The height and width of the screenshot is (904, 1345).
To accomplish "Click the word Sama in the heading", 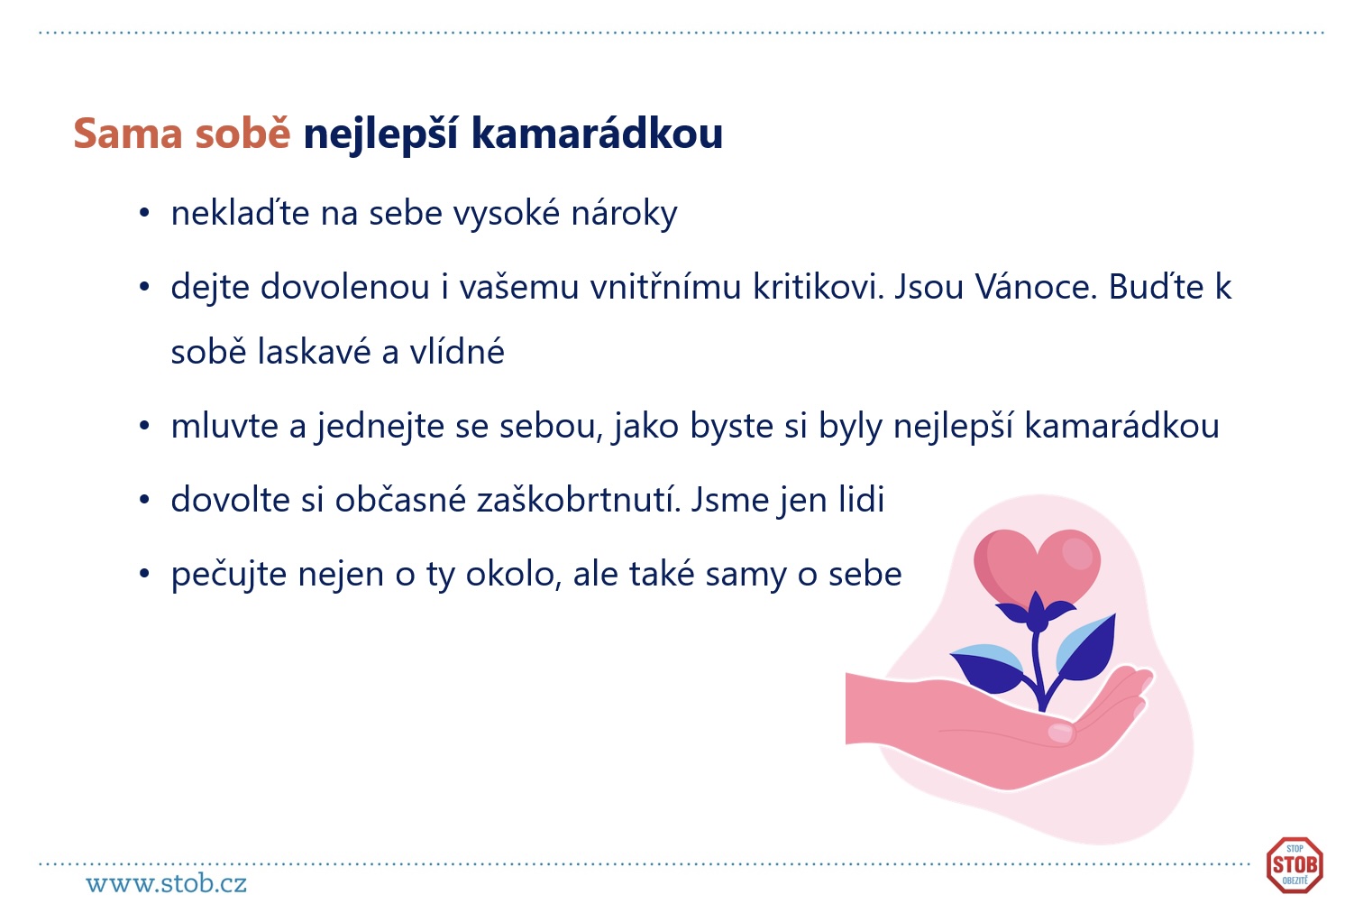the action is tap(127, 133).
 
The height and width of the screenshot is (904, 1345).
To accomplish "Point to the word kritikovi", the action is tap(819, 287).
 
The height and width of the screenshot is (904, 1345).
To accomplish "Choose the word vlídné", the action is tap(457, 351).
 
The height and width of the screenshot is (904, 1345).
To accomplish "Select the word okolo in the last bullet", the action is tap(513, 574).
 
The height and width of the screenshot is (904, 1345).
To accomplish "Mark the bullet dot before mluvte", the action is tap(144, 426).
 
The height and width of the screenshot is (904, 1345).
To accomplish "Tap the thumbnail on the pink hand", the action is tap(1060, 732).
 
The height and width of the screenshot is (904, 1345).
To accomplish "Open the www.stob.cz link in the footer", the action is tap(167, 883).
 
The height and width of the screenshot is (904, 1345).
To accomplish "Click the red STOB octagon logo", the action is tap(1295, 865).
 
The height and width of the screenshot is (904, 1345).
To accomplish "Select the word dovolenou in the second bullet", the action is tap(345, 287).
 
